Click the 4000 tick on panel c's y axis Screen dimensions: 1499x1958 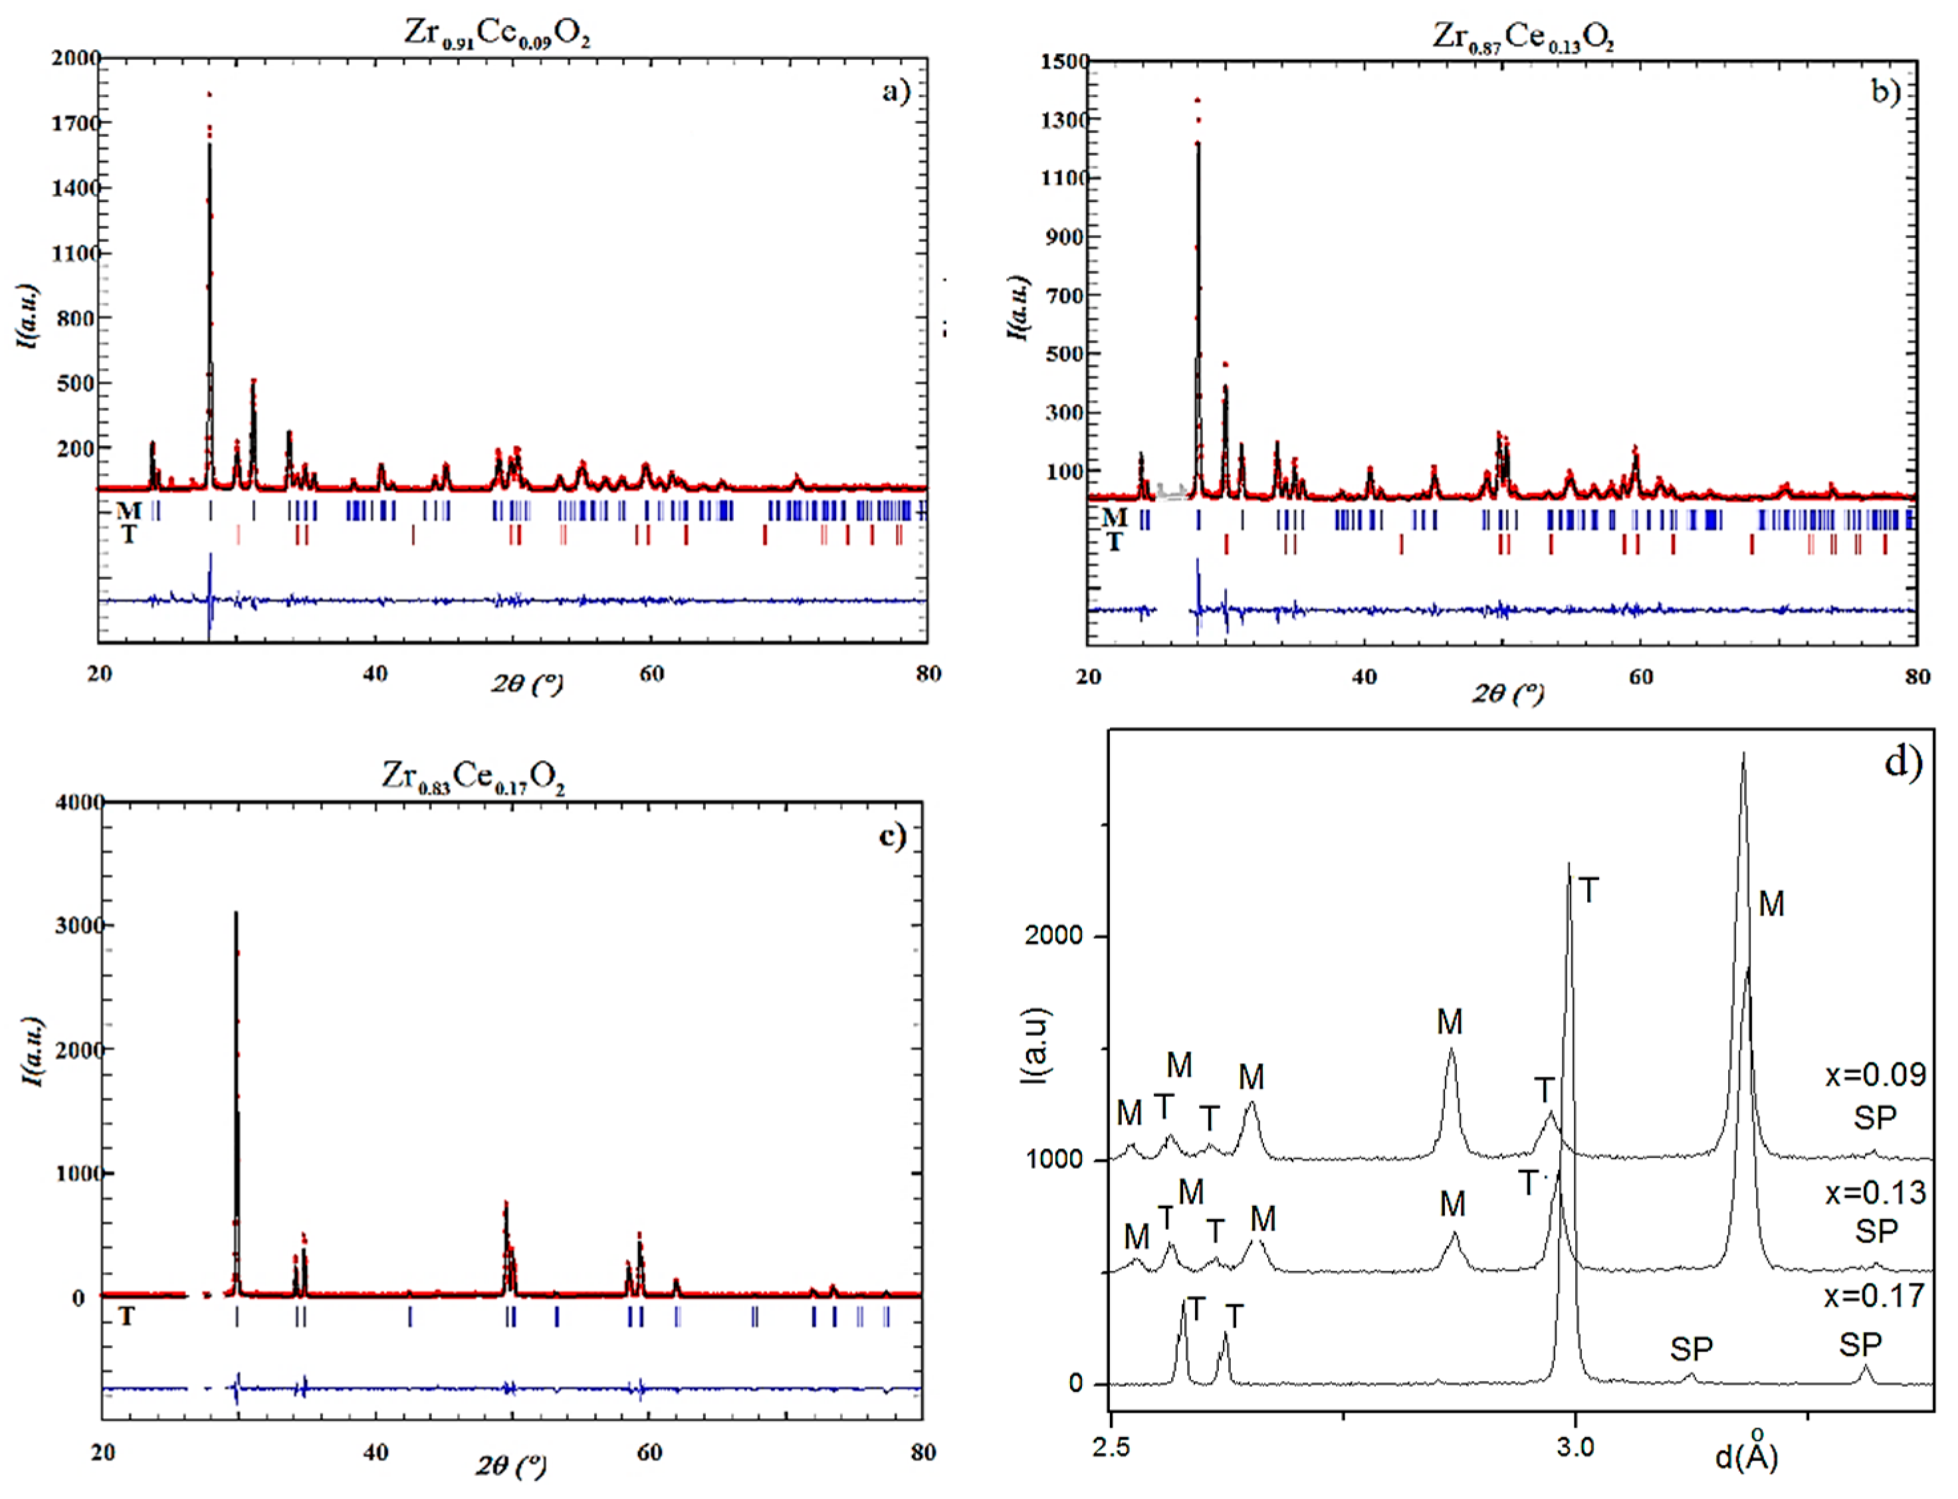tap(78, 802)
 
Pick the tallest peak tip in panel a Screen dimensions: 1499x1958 tap(209, 94)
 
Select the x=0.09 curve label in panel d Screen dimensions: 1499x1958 tap(1875, 1074)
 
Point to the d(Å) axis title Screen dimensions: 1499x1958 tap(1747, 1455)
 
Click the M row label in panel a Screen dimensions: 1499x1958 tap(128, 510)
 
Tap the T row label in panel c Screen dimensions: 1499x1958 tap(127, 1316)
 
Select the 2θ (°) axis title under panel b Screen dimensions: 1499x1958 tap(1507, 693)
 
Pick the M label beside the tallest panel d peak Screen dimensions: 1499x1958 tap(1771, 904)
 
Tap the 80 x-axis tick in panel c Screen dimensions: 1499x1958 tap(923, 1452)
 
